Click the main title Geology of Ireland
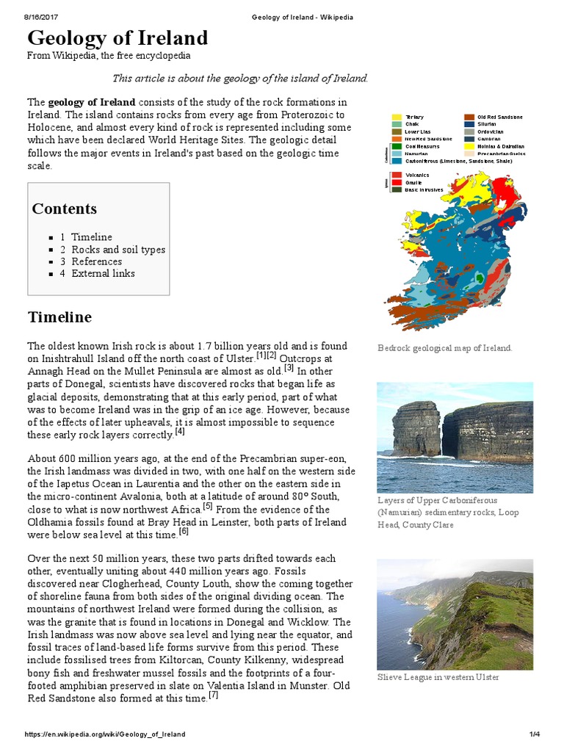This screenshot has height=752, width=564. (x=117, y=38)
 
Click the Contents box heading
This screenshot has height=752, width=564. (x=64, y=209)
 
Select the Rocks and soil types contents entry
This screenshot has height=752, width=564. (x=117, y=250)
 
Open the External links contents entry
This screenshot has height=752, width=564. (x=103, y=273)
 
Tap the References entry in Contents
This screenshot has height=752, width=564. (x=96, y=261)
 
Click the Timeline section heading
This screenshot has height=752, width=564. (x=59, y=317)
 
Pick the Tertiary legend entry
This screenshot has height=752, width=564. (x=413, y=117)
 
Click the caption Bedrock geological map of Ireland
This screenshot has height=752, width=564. (x=444, y=348)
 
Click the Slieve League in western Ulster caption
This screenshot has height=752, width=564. (x=438, y=677)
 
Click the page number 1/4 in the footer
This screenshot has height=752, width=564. (x=534, y=734)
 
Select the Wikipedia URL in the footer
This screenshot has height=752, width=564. (x=105, y=734)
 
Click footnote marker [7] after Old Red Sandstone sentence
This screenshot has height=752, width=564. (x=213, y=695)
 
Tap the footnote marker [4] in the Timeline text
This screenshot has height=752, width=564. (x=180, y=432)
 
